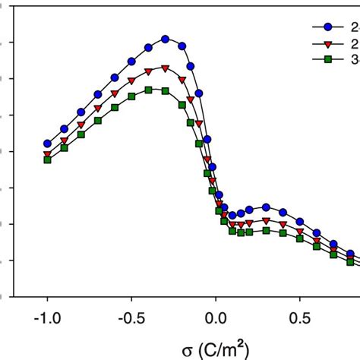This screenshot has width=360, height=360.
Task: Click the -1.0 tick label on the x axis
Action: tap(46, 314)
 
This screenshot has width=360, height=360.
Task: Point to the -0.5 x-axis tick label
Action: tap(131, 314)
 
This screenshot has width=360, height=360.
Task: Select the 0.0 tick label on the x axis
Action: tap(216, 314)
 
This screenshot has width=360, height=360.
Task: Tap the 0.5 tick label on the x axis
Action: tap(300, 314)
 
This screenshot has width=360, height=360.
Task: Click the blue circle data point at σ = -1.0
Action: tap(47, 143)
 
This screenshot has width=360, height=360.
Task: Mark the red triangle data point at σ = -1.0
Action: tap(47, 154)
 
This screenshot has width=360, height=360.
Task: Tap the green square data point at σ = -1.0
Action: tap(47, 160)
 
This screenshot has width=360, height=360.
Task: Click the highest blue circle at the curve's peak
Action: tap(166, 39)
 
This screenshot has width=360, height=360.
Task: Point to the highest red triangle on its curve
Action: tap(166, 68)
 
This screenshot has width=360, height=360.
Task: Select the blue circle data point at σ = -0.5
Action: tap(131, 61)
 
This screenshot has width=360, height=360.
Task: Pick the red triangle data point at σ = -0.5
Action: tap(131, 81)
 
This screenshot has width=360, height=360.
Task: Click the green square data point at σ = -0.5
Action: tap(131, 97)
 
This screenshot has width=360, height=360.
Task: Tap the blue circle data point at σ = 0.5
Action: tap(300, 222)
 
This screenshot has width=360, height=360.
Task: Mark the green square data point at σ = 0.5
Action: tap(300, 238)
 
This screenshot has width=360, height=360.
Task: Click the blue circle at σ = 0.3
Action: tap(267, 207)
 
